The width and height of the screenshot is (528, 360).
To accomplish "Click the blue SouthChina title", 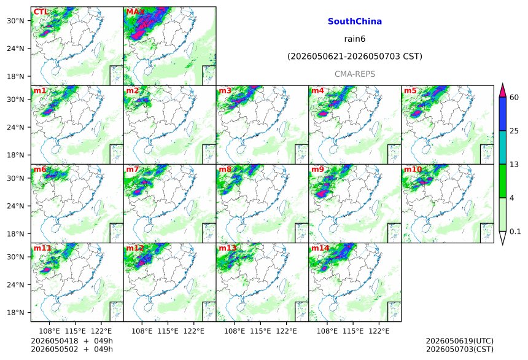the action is pyautogui.click(x=355, y=22).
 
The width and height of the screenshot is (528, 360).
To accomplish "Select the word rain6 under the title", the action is pyautogui.click(x=355, y=39).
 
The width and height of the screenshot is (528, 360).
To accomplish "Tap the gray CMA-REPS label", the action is pyautogui.click(x=355, y=74).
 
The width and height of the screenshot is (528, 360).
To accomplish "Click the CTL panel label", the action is pyautogui.click(x=41, y=12).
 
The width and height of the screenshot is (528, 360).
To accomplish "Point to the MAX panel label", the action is pyautogui.click(x=135, y=12).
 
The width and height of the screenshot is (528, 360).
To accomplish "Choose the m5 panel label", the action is pyautogui.click(x=410, y=91).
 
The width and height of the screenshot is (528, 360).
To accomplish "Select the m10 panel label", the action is pyautogui.click(x=413, y=169).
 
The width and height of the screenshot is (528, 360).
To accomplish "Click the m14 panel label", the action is pyautogui.click(x=320, y=248).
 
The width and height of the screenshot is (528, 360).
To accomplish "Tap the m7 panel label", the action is pyautogui.click(x=133, y=169).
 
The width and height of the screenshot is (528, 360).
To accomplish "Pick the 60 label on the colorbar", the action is pyautogui.click(x=514, y=98).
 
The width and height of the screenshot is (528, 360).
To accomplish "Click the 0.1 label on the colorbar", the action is pyautogui.click(x=515, y=232).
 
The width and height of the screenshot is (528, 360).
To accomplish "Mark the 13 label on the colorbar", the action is pyautogui.click(x=514, y=165).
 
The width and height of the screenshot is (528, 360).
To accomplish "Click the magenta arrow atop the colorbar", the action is pyautogui.click(x=503, y=90).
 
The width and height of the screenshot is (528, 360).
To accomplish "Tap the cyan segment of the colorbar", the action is pyautogui.click(x=503, y=147).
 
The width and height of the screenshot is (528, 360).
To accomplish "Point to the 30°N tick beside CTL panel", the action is pyautogui.click(x=15, y=21).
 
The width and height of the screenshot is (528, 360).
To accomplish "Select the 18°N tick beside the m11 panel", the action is pyautogui.click(x=15, y=313).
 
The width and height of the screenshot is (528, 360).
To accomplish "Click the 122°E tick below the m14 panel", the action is pyautogui.click(x=379, y=331).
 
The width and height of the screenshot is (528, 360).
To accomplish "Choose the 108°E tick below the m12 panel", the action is pyautogui.click(x=141, y=331).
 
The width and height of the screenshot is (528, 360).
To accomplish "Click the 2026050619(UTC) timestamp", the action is pyautogui.click(x=460, y=341).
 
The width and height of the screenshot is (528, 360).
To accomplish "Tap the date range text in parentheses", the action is pyautogui.click(x=355, y=57).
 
